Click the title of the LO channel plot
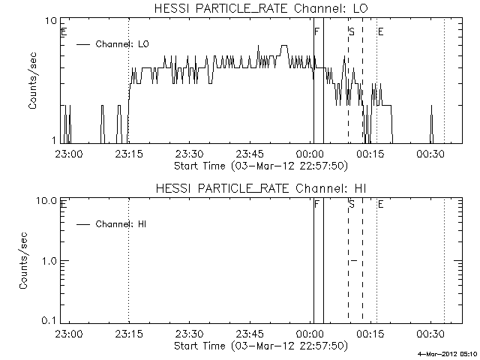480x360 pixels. coord(261,8)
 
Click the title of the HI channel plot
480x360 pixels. coord(261,188)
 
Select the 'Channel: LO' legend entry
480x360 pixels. coord(112,44)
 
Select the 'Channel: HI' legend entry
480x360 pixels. coord(111,224)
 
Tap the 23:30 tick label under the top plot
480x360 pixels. coord(189,154)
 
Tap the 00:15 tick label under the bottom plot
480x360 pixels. coord(370,334)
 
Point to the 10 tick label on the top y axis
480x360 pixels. coord(51,21)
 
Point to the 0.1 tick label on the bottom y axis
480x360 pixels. coord(49,320)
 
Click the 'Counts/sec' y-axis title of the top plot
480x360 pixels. coord(32,81)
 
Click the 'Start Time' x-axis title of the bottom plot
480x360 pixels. coord(261,346)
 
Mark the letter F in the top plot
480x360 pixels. coord(316,31)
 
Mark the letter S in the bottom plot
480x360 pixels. coord(352,204)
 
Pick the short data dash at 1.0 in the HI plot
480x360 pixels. coord(354,260)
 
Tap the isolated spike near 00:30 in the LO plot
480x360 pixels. coord(431,124)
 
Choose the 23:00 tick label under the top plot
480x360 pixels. coord(68,154)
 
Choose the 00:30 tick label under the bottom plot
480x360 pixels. coord(430,334)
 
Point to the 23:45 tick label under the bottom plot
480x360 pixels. coord(250,334)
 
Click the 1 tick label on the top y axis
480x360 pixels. coord(54,140)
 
